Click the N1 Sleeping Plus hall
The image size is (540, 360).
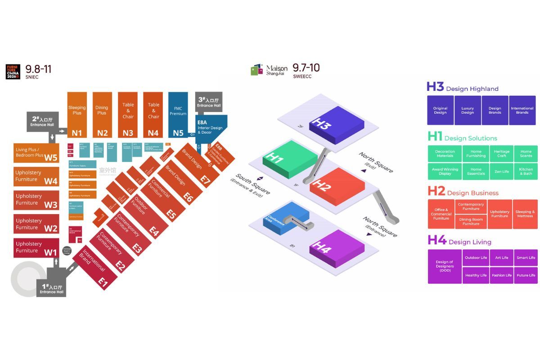77,115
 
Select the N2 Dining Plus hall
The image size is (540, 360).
102,115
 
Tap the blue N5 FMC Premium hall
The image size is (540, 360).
178,115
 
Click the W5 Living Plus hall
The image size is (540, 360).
36,153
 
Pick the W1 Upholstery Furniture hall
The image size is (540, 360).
36,248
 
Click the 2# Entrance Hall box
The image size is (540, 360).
42,122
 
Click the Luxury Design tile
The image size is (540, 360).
468,110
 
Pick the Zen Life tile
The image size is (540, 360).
501,171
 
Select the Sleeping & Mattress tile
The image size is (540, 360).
525,214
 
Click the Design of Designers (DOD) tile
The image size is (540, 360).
445,266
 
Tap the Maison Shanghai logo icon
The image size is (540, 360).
256,70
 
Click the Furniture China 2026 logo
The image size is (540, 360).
13,72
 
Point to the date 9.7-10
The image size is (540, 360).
306,68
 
